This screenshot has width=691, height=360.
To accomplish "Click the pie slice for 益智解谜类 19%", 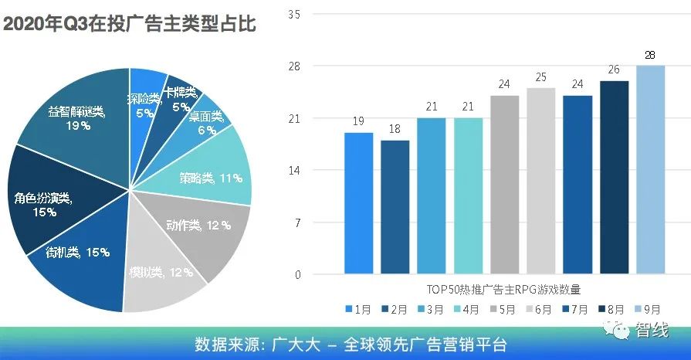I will point(73,116).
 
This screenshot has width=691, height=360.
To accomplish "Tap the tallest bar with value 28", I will point(650,170).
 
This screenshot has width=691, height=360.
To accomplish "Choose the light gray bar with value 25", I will point(540,181).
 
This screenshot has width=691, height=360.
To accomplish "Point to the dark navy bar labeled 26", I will point(614,177).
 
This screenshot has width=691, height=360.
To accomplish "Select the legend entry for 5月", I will point(506,309).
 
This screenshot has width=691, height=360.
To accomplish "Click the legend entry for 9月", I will point(650,309).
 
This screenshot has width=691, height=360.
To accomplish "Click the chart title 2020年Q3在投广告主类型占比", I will point(130,24).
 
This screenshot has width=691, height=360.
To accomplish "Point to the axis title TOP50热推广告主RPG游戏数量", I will point(503,289).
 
